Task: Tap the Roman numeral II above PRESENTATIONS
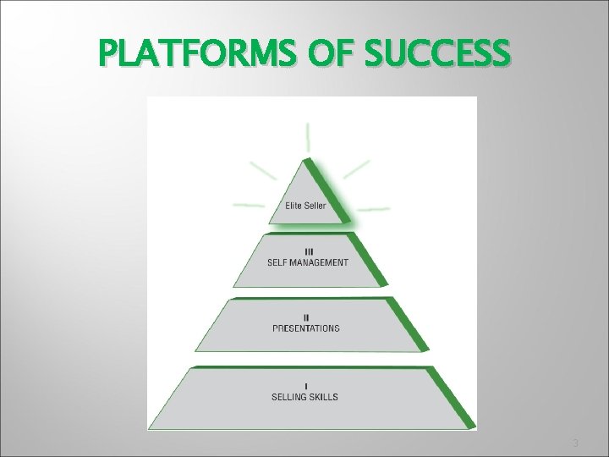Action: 305,318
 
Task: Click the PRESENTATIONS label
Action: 305,328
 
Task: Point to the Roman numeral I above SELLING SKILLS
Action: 305,387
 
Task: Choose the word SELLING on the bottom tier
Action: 289,396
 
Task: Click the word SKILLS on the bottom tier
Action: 326,396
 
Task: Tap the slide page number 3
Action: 575,443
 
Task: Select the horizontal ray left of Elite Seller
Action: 248,206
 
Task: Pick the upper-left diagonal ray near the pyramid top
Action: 266,170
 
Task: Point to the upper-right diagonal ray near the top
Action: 356,168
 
